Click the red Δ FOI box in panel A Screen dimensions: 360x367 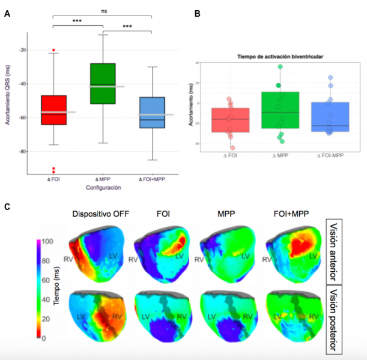click(53, 110)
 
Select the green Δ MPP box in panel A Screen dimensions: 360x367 click(103, 83)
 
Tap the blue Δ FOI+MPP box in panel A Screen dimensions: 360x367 click(151, 112)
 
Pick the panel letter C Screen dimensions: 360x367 click(7, 208)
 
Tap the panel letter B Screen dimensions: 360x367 click(198, 13)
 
